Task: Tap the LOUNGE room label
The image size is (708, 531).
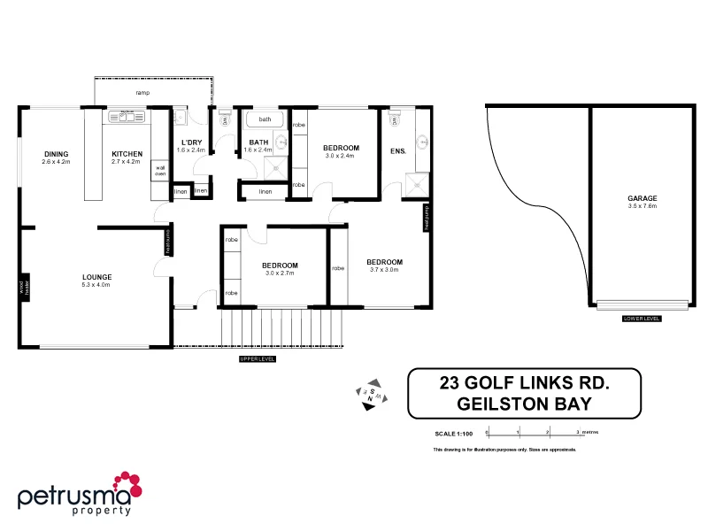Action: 96,277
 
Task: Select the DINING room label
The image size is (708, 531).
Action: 57,154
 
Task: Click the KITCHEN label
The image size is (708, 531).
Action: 127,154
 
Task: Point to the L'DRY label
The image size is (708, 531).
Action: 191,142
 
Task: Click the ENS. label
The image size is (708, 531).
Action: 397,151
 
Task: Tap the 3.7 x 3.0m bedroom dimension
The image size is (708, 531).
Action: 384,270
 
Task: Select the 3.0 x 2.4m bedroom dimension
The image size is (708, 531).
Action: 340,156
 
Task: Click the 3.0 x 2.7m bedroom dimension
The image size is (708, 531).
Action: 279,273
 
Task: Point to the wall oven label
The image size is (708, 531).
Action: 160,170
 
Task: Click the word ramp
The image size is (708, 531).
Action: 142,92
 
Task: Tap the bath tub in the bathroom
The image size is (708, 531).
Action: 265,119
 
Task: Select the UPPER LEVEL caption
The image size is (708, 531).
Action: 258,359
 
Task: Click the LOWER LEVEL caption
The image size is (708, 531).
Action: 642,317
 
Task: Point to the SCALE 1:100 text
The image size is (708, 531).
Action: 455,434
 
